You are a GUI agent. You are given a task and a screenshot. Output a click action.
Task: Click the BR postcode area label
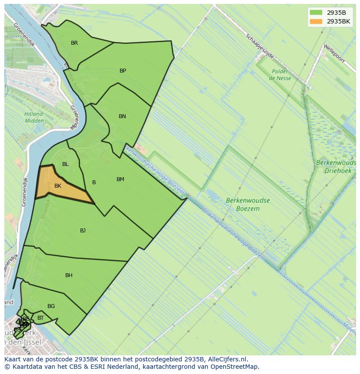74,43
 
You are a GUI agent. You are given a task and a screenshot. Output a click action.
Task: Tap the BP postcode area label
123,71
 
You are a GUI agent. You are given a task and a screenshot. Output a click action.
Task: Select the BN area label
122,116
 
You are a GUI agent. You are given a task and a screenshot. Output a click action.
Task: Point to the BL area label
65,164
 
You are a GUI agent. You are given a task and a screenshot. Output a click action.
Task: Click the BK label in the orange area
58,186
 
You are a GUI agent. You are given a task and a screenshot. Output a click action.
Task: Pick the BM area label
120,179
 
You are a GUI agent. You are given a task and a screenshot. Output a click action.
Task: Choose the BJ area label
83,231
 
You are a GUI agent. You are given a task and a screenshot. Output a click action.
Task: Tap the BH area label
69,275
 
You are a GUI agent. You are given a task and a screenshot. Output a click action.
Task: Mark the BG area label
51,306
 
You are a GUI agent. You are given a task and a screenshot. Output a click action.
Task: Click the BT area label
40,318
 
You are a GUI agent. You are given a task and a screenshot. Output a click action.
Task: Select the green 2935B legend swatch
316,13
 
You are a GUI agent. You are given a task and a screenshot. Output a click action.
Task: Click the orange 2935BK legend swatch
316,21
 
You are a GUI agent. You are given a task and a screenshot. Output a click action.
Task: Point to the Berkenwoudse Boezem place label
248,205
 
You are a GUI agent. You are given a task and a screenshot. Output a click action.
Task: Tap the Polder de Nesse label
280,75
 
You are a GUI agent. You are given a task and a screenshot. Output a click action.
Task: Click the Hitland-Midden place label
34,117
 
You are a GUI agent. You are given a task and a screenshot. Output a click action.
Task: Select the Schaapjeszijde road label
260,46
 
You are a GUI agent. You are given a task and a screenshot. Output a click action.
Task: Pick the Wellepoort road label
333,53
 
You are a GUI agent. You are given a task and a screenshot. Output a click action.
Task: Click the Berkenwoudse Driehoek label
336,167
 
